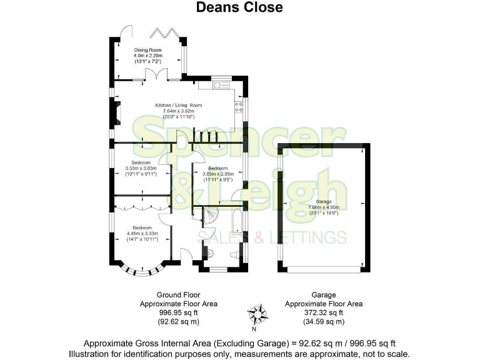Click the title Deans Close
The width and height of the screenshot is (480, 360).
(x=239, y=7)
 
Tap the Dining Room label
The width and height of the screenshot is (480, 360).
(x=147, y=49)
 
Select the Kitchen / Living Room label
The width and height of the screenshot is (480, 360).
(x=179, y=105)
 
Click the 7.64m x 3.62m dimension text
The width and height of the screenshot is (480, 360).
(x=179, y=111)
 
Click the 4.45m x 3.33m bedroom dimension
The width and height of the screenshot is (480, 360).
(x=143, y=233)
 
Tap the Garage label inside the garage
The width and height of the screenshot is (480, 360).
(x=323, y=202)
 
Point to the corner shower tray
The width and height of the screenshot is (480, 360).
(x=212, y=216)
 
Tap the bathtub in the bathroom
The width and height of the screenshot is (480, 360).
(x=238, y=226)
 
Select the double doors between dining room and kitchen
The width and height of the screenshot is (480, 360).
(x=155, y=74)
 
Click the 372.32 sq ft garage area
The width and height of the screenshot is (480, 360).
(x=323, y=312)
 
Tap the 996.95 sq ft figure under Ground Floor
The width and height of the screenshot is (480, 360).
(x=177, y=312)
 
